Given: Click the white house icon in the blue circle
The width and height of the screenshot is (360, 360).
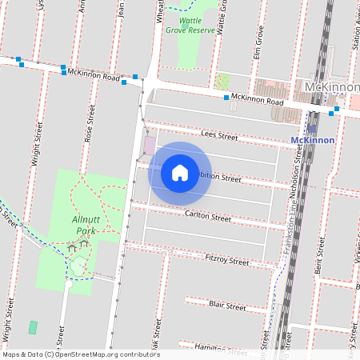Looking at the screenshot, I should (180, 172).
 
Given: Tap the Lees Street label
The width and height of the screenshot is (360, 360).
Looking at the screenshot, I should (220, 137).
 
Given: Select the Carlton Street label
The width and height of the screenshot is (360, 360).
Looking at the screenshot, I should (207, 217).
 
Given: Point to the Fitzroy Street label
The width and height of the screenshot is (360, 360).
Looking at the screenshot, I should (227, 260).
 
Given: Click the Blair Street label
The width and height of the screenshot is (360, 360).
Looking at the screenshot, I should (226, 306).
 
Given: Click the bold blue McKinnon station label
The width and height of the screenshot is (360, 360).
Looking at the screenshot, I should (311, 139).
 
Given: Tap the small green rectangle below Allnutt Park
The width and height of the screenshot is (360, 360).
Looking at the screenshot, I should (33, 327).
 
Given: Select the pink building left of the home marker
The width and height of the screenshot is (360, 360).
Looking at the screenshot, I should (150, 146).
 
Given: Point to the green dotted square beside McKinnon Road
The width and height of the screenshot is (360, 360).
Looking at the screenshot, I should (222, 82).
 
